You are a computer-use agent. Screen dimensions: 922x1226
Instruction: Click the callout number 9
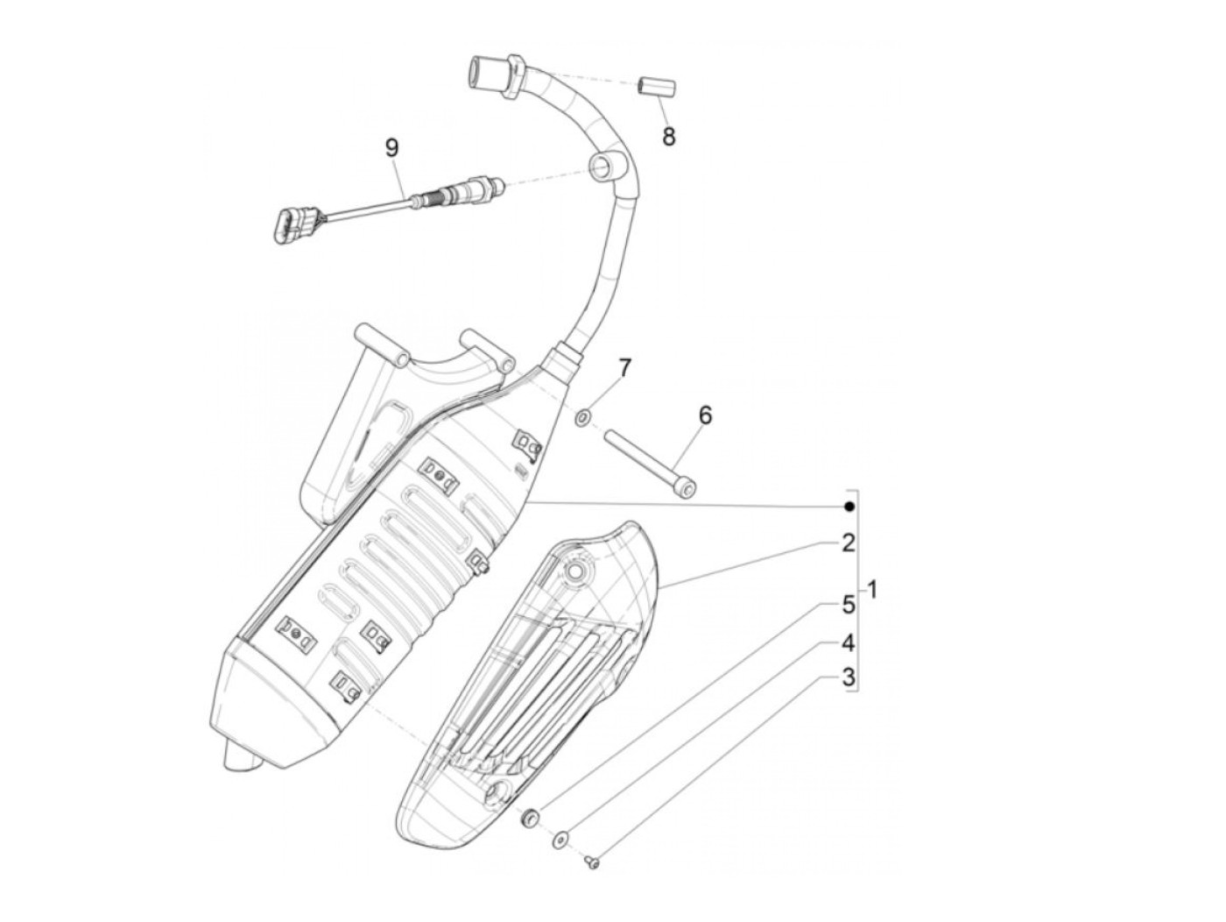point(391,147)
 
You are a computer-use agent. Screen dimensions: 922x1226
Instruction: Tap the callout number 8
point(669,137)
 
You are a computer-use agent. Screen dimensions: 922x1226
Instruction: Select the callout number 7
point(624,367)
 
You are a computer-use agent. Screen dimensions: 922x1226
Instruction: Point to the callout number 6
point(705,415)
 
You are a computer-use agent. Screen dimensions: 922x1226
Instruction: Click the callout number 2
point(848,543)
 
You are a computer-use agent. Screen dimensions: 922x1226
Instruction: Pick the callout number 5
point(848,604)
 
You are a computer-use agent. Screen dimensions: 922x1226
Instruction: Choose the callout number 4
point(848,643)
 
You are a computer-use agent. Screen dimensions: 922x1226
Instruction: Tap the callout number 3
point(848,677)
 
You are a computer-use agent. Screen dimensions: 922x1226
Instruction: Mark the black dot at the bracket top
point(848,507)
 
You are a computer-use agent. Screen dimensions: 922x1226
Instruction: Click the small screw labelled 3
point(592,863)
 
